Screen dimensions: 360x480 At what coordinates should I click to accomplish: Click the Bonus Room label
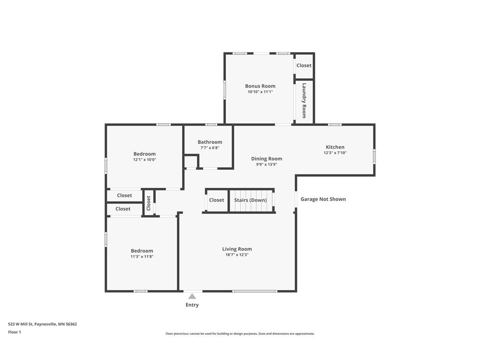(260, 86)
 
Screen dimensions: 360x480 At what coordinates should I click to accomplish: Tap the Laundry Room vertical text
(304, 101)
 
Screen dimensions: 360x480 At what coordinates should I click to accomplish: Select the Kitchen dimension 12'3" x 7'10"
(335, 153)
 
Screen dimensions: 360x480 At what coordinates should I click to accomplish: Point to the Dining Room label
(267, 159)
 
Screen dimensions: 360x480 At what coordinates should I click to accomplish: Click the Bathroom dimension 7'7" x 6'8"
(210, 148)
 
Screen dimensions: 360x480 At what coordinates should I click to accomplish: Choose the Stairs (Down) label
(250, 200)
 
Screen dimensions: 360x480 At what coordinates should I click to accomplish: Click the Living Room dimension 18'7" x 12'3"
(237, 255)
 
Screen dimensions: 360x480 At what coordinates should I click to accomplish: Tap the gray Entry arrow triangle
(192, 296)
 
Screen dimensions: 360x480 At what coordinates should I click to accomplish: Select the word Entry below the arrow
(192, 305)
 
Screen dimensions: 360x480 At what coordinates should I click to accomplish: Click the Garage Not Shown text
(323, 199)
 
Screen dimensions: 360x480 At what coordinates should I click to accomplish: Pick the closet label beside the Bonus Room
(304, 66)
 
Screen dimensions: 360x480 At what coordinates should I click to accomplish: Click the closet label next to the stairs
(217, 200)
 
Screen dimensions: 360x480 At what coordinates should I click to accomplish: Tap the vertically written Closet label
(149, 203)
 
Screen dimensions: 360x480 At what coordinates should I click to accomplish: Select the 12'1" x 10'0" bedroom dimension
(144, 160)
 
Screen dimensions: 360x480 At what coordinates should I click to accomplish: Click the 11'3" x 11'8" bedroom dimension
(142, 257)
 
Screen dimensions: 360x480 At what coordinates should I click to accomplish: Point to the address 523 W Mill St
(42, 324)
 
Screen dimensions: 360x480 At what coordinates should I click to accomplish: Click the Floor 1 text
(15, 332)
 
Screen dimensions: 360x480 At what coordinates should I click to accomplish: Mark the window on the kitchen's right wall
(374, 156)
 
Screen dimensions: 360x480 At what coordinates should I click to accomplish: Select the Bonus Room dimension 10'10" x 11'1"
(260, 92)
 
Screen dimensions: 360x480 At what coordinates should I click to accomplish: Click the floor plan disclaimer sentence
(240, 334)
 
